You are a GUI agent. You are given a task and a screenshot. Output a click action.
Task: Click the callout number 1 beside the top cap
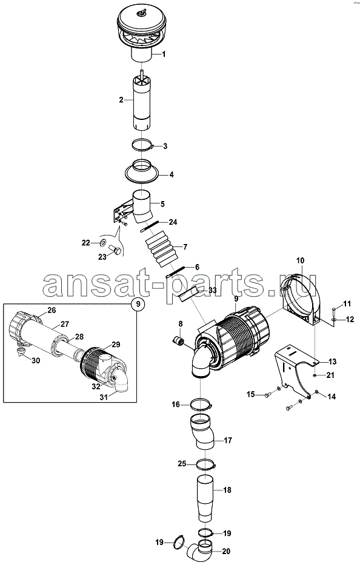click(x=164, y=54)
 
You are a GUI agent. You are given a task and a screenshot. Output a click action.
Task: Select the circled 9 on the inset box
click(x=138, y=304)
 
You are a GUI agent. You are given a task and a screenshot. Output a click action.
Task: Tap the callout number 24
click(x=173, y=222)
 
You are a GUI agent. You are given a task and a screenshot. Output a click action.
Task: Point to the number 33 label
click(x=213, y=291)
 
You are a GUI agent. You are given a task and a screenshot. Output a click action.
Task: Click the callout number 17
click(x=228, y=440)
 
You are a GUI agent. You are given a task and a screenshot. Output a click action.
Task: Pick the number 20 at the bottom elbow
click(x=226, y=551)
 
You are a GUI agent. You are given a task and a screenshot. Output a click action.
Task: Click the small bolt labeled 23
click(x=116, y=250)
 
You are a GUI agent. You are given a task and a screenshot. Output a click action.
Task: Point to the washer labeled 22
click(x=103, y=242)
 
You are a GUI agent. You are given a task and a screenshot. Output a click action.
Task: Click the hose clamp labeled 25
click(x=206, y=463)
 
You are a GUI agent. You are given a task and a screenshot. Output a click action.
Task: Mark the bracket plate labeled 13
click(x=290, y=366)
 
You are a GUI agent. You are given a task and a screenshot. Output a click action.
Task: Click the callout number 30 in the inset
click(x=36, y=360)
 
